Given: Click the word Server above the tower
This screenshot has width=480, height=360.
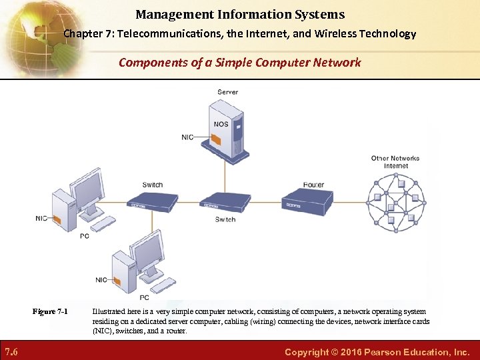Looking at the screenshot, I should point(227,92).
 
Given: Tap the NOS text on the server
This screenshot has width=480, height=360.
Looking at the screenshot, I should point(221,124).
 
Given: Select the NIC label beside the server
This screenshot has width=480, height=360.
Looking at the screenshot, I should point(187,137).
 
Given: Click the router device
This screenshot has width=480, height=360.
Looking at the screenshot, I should point(307,200).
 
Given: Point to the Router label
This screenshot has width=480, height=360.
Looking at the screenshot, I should point(313,185).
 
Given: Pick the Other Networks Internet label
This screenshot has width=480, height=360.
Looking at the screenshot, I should point(395,162).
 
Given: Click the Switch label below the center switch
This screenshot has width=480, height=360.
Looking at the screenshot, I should point(225,219).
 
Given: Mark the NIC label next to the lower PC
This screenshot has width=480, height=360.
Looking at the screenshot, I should point(101,280).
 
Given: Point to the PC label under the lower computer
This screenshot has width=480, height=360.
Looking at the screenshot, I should point(144,297).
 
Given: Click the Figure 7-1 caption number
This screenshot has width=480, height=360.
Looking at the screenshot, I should point(51,311).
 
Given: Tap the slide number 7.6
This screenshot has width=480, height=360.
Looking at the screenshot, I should point(11,351).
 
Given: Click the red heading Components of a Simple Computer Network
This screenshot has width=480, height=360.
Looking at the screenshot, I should point(240,63).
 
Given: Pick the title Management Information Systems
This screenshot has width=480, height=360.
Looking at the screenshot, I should point(240,14).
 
